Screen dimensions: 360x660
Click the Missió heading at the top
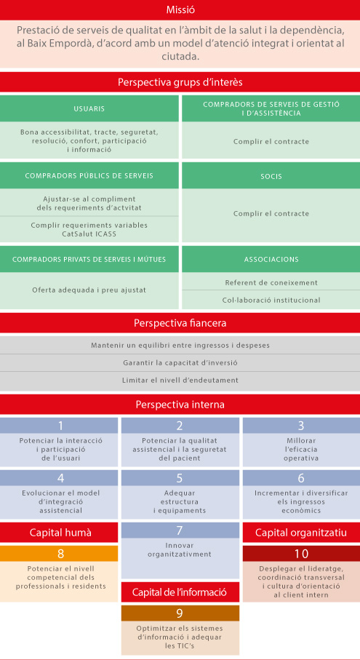tap(180, 10)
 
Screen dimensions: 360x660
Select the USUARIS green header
tap(89, 108)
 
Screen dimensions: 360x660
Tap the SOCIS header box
tap(271, 175)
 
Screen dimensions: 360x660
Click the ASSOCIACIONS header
tap(271, 259)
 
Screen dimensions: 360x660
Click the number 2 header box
tap(180, 426)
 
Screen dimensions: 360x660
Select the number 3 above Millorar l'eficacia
tap(301, 426)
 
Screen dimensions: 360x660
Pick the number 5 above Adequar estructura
tap(180, 478)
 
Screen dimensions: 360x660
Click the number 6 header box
tap(301, 478)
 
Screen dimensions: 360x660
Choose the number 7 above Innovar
tap(180, 530)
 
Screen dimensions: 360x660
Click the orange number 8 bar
tap(59, 554)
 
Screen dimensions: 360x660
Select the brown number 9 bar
tap(180, 613)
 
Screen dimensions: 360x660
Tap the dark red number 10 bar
tap(301, 554)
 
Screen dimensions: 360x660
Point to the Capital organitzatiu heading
tap(301, 533)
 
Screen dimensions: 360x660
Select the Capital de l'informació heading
tap(180, 592)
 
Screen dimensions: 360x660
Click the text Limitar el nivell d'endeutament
tap(180, 380)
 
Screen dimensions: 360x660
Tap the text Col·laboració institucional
tap(271, 300)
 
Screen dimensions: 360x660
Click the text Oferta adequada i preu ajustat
tap(89, 290)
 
